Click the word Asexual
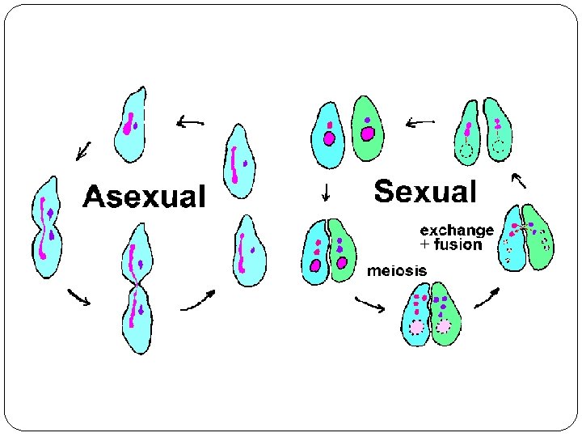click(x=145, y=196)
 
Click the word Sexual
click(x=425, y=192)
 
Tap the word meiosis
click(x=397, y=269)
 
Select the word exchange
click(x=456, y=231)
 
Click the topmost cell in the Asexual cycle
click(x=131, y=122)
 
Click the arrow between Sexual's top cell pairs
click(x=420, y=123)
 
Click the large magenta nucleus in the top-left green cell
click(x=368, y=134)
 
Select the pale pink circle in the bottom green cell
click(x=444, y=327)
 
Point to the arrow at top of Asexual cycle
click(x=190, y=122)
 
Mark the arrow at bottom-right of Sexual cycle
click(x=486, y=299)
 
